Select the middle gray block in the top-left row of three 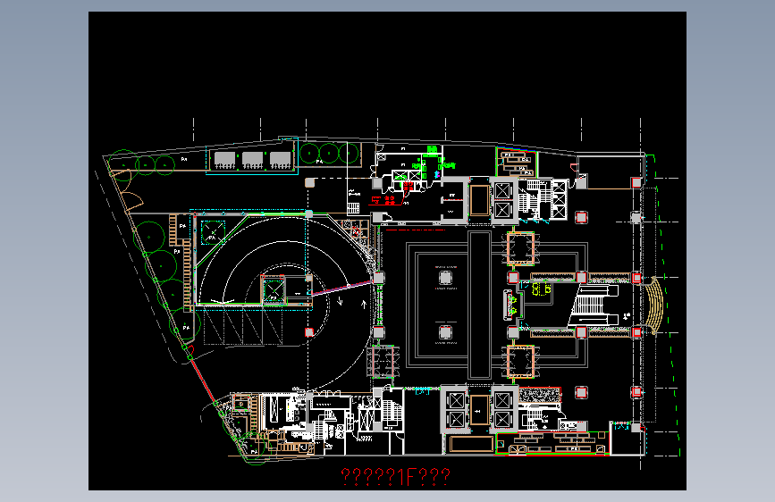[x=253, y=160]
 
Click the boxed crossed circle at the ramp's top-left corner [x=212, y=234]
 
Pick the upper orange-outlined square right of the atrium [x=521, y=247]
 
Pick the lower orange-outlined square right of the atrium [x=521, y=362]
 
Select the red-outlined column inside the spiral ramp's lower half [x=309, y=332]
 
